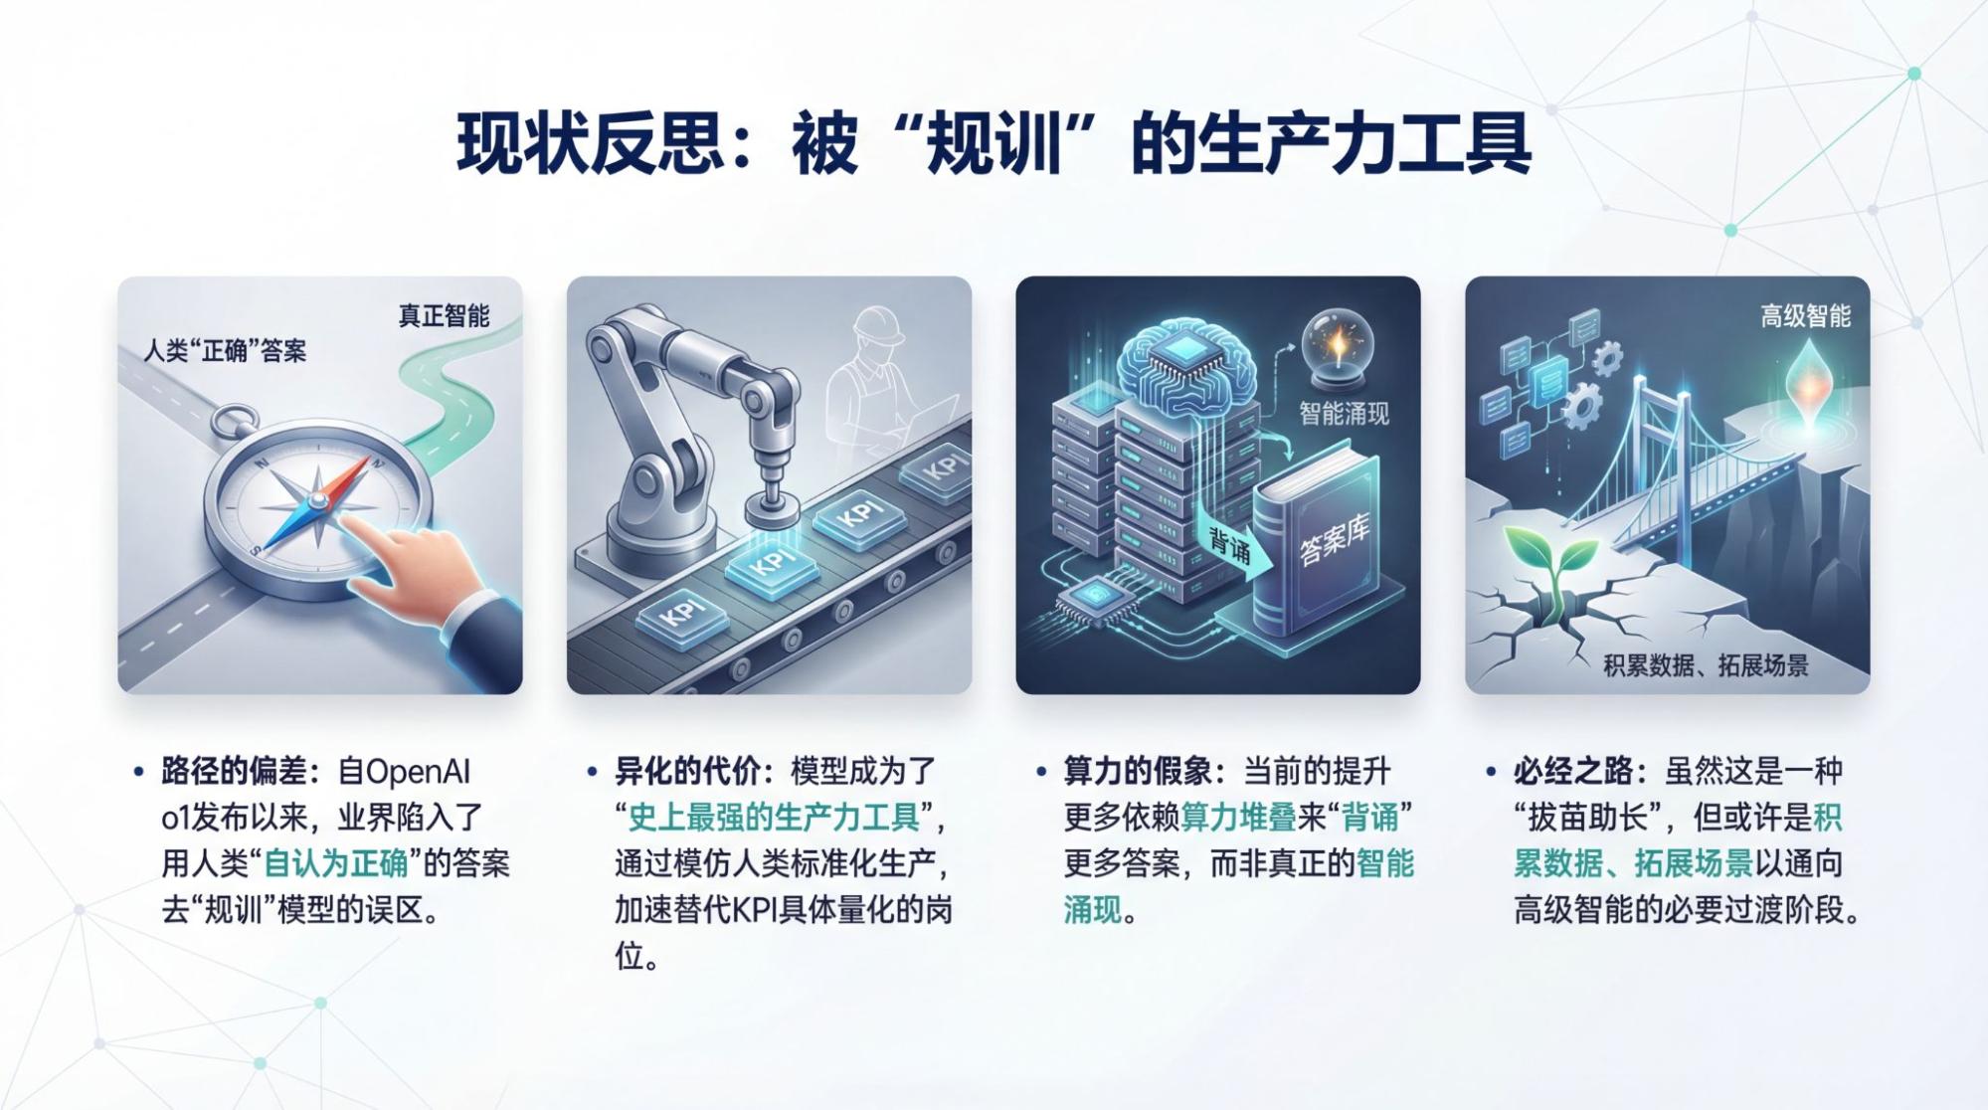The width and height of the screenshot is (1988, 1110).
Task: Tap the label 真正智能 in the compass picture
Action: [x=444, y=316]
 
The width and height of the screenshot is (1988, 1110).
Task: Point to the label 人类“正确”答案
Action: [x=225, y=351]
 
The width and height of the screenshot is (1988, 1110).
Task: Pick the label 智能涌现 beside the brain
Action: [x=1344, y=414]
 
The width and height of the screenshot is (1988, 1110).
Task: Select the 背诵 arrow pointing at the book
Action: [x=1234, y=546]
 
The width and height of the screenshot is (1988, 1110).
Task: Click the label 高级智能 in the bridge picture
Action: [x=1805, y=316]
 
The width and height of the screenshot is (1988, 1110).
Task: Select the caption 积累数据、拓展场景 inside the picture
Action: [x=1706, y=665]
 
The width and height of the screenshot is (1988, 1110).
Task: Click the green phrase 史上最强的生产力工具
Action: [x=774, y=818]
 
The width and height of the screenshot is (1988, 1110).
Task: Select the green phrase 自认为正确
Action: [x=336, y=863]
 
